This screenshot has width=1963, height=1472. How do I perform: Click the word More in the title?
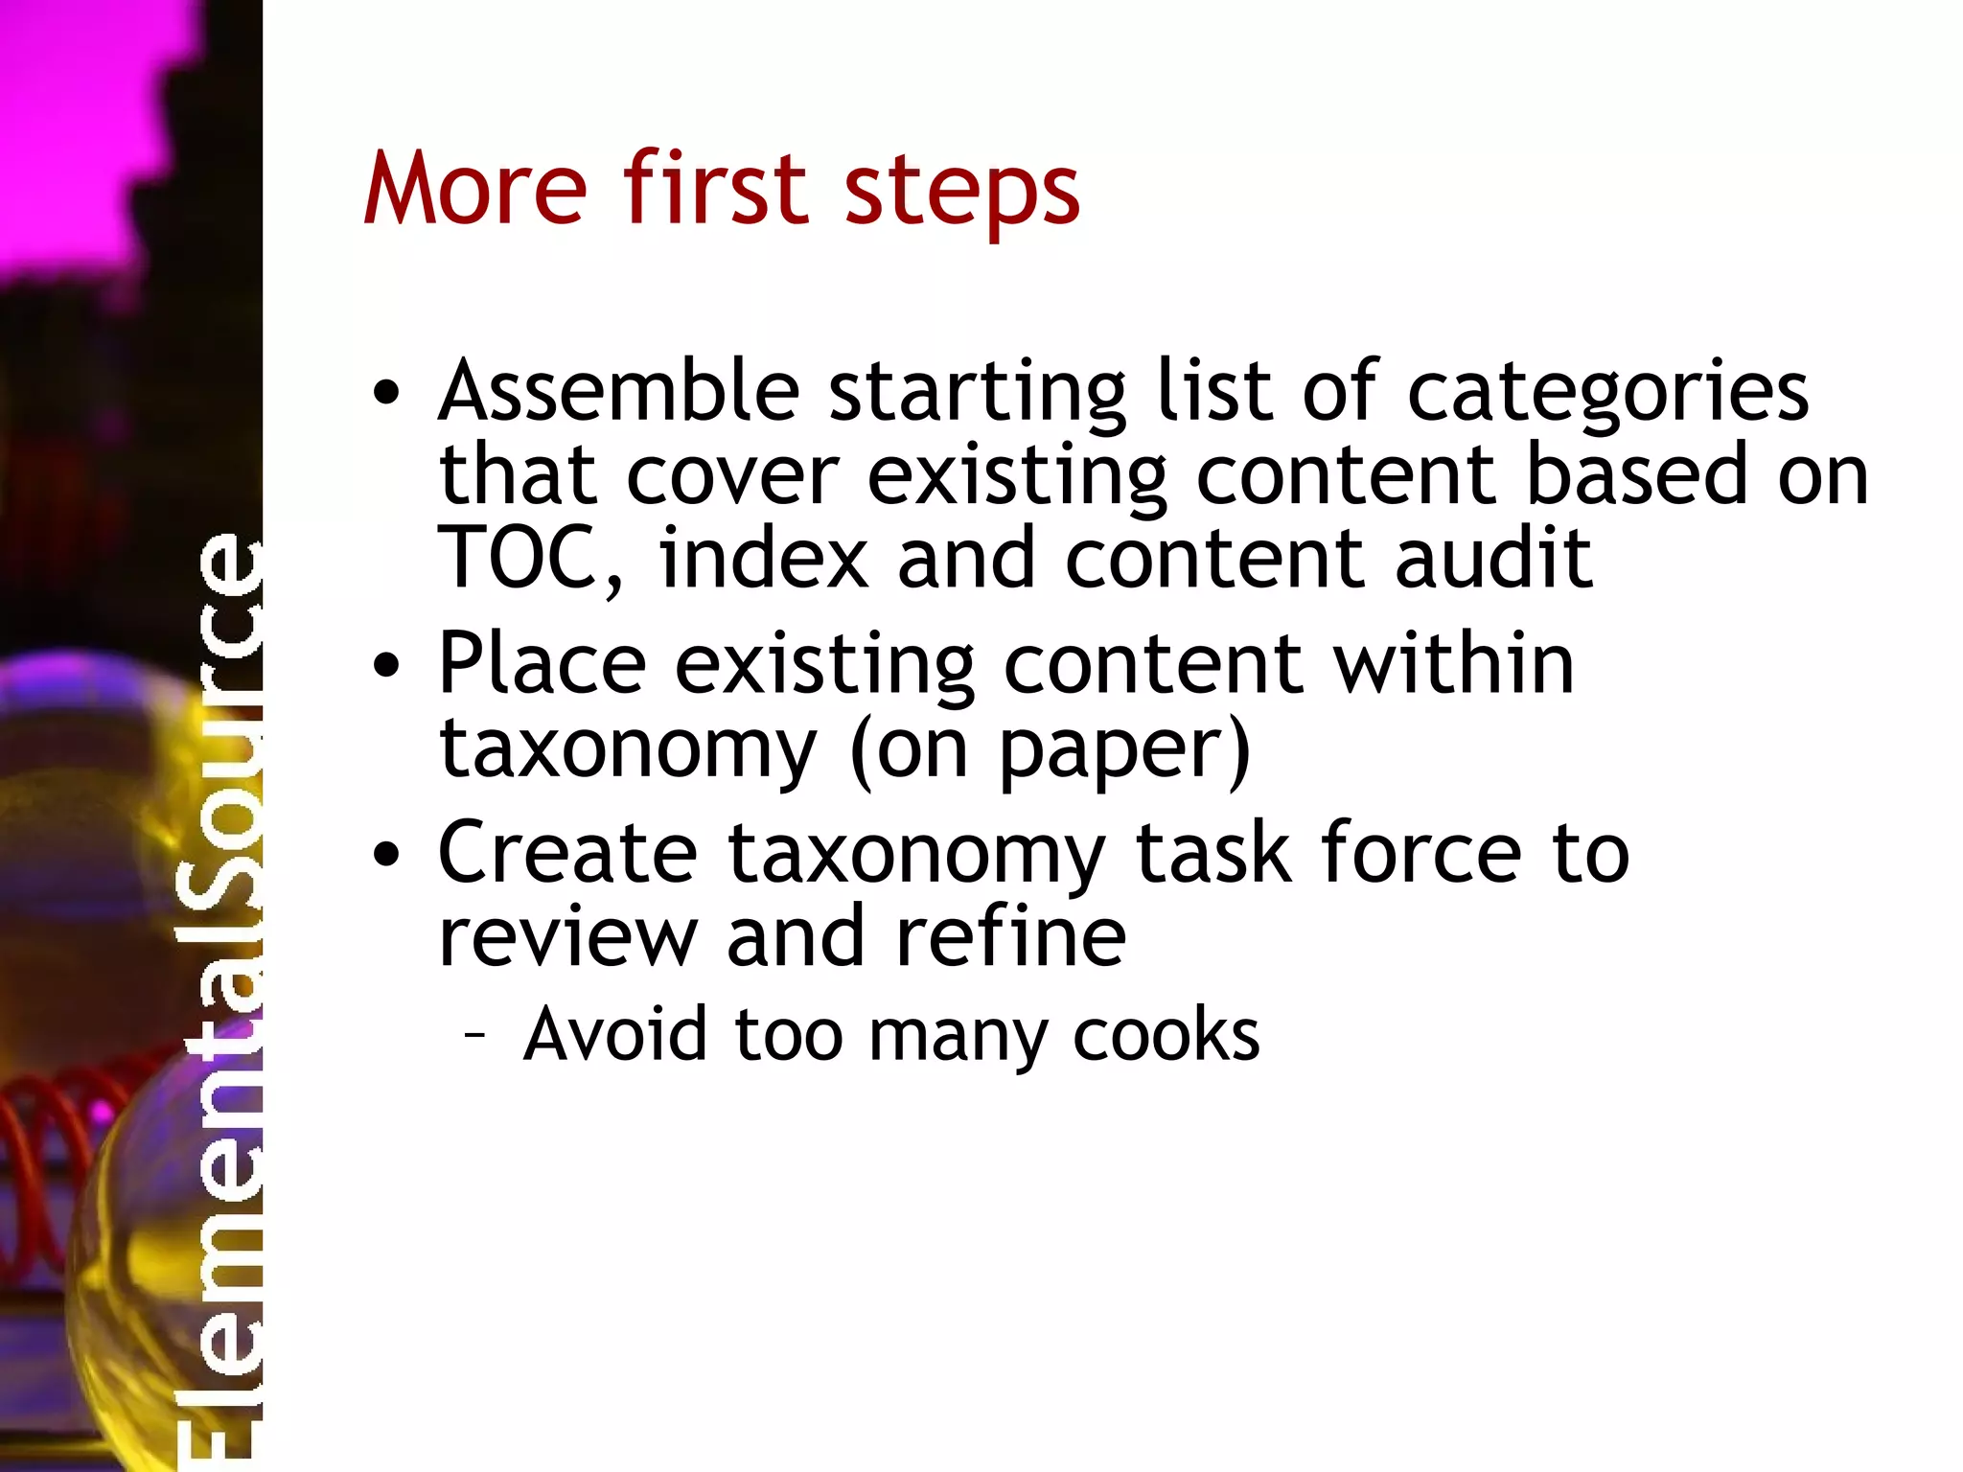(474, 189)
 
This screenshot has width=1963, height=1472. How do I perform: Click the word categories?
(1607, 393)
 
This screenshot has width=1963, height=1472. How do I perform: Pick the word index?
(764, 558)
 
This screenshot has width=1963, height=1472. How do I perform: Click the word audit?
(1493, 558)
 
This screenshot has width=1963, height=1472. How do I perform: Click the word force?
(1420, 852)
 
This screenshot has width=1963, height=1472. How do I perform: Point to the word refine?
(1010, 936)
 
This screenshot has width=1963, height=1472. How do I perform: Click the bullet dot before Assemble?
(386, 393)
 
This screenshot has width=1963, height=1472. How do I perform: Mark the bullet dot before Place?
(386, 665)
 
